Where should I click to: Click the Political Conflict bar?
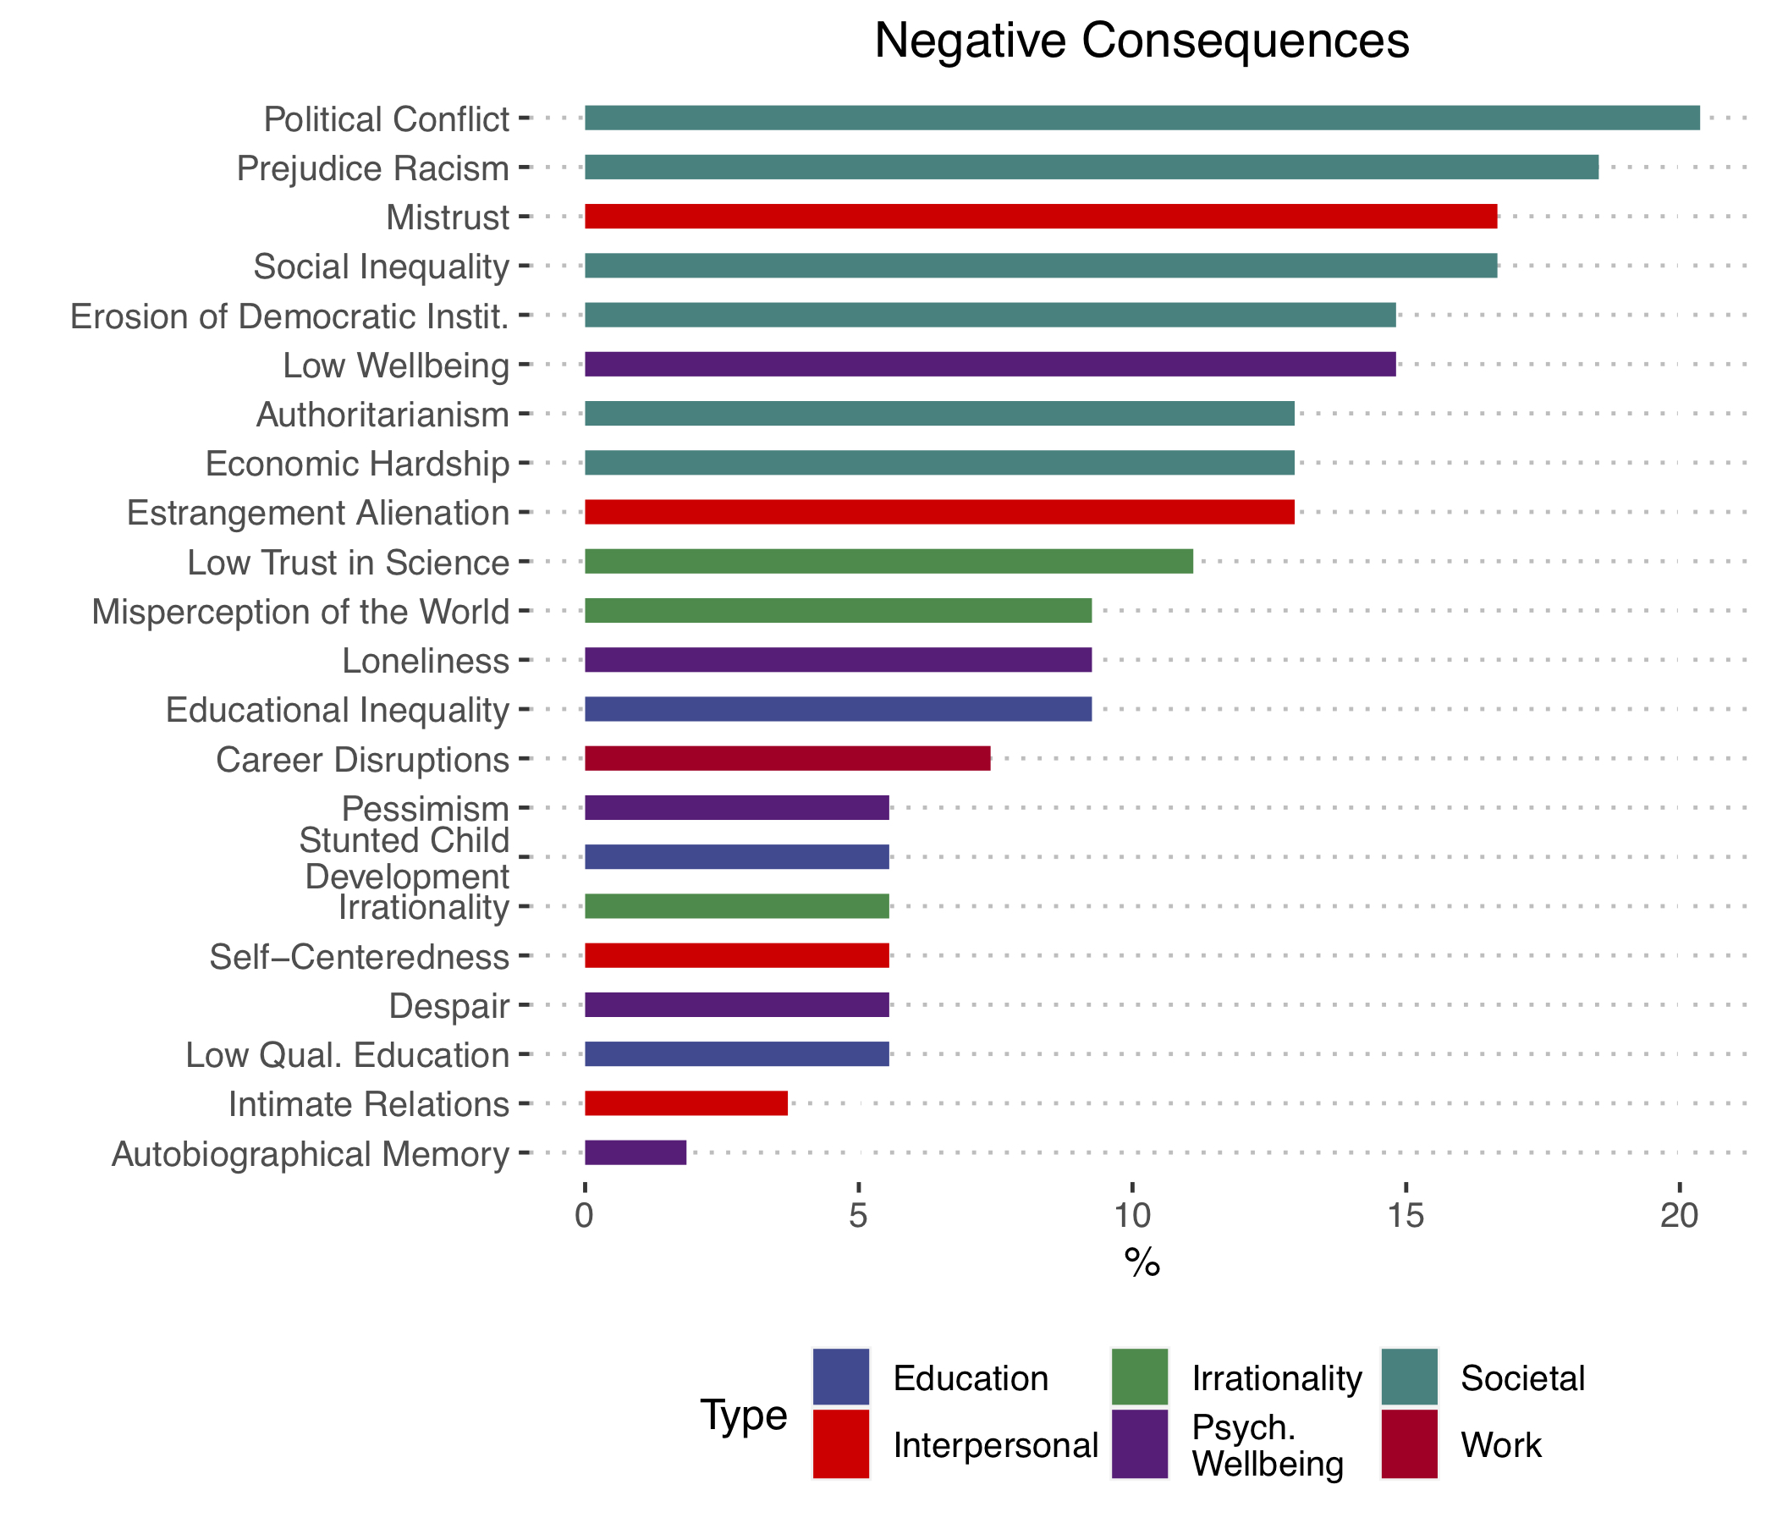pos(1142,118)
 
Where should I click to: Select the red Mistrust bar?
pos(1040,216)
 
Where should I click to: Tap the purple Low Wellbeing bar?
pos(990,365)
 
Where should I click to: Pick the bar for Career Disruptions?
pos(787,759)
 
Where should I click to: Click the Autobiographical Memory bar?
pos(635,1153)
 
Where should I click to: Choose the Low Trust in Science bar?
pos(888,562)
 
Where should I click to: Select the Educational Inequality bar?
pos(838,710)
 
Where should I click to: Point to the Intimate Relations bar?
pos(686,1103)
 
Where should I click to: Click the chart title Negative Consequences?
pos(1142,41)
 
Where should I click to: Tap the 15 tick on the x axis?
pos(1405,1217)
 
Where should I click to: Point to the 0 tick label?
pos(585,1217)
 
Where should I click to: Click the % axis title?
pos(1142,1263)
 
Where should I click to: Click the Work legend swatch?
pos(1409,1445)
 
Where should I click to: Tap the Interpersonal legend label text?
pos(995,1446)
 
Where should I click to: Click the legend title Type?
pos(744,1415)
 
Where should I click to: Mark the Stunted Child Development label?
pos(404,858)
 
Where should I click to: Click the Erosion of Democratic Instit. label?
pos(290,316)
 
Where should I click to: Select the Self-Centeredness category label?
pos(360,956)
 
